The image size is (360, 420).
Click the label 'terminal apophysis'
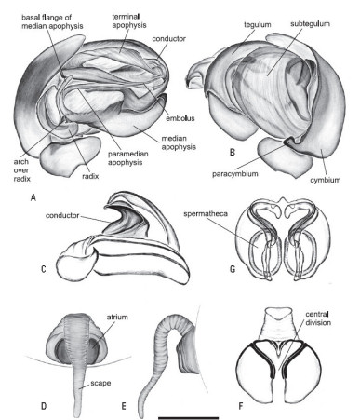pyautogui.click(x=129, y=20)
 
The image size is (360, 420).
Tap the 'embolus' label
pyautogui.click(x=180, y=118)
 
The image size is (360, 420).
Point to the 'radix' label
pyautogui.click(x=90, y=176)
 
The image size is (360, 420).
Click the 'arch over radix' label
pyautogui.click(x=21, y=170)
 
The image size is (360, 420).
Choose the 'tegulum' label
pyautogui.click(x=257, y=25)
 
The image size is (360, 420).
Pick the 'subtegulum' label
pyautogui.click(x=310, y=24)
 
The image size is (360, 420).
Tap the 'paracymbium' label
pyautogui.click(x=234, y=173)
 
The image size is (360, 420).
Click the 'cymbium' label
pyautogui.click(x=326, y=180)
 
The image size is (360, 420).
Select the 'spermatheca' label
pyautogui.click(x=206, y=214)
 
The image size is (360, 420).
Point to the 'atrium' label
pyautogui.click(x=117, y=317)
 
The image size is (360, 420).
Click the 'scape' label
pyautogui.click(x=100, y=383)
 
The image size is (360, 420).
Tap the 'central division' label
pyautogui.click(x=318, y=318)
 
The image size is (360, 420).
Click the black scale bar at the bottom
pyautogui.click(x=189, y=418)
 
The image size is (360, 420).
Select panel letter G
pyautogui.click(x=233, y=268)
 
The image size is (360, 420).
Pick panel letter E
pyautogui.click(x=124, y=406)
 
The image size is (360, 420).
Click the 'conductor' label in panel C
pyautogui.click(x=62, y=215)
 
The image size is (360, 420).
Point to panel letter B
pyautogui.click(x=233, y=152)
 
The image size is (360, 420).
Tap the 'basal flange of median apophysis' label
pyautogui.click(x=52, y=21)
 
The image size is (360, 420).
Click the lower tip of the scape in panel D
pyautogui.click(x=78, y=416)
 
